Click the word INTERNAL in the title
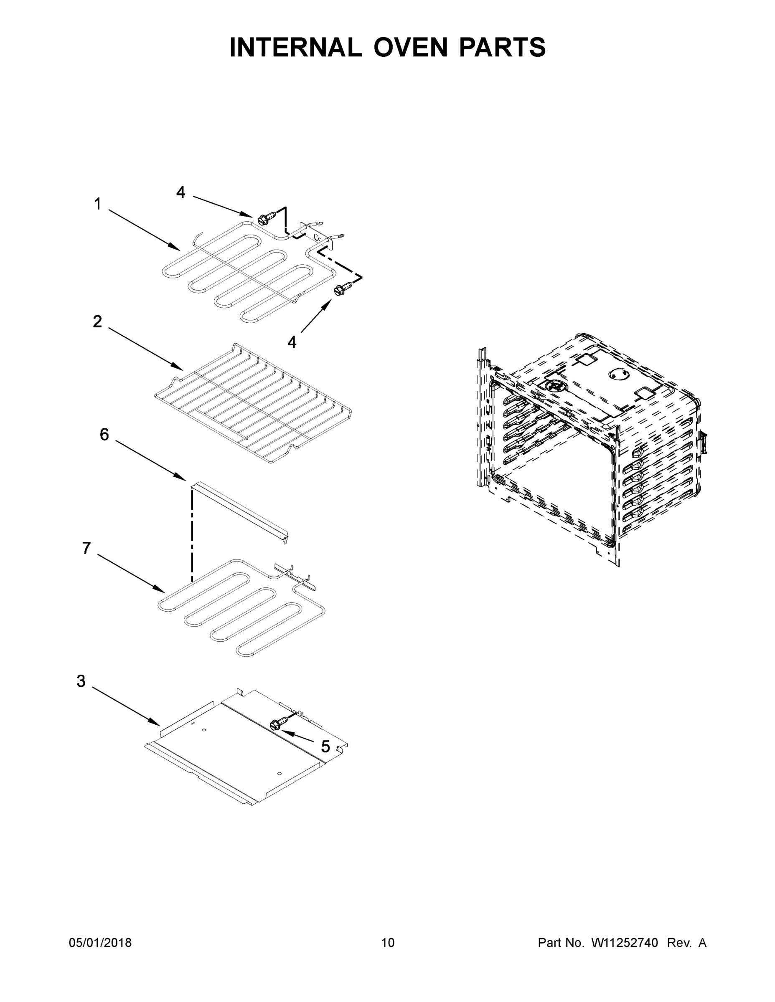click(295, 48)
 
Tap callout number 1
click(97, 204)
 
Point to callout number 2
click(97, 321)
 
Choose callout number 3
click(81, 681)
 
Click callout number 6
click(104, 434)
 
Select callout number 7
click(86, 548)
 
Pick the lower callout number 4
click(292, 342)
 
